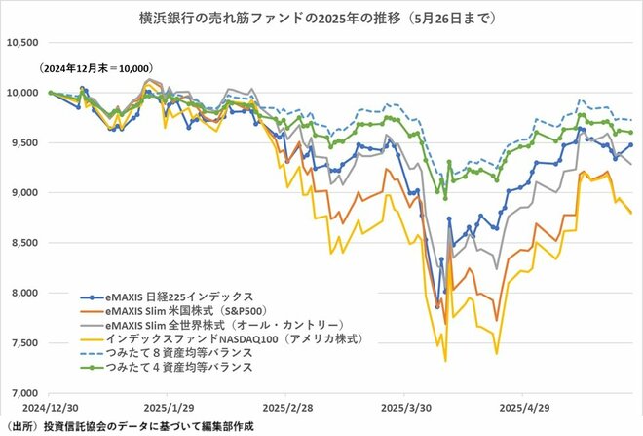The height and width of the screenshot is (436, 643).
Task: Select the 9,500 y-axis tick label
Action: (23, 143)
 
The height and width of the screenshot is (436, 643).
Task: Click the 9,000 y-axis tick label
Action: (23, 193)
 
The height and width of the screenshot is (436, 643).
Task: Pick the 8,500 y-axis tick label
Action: (23, 243)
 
